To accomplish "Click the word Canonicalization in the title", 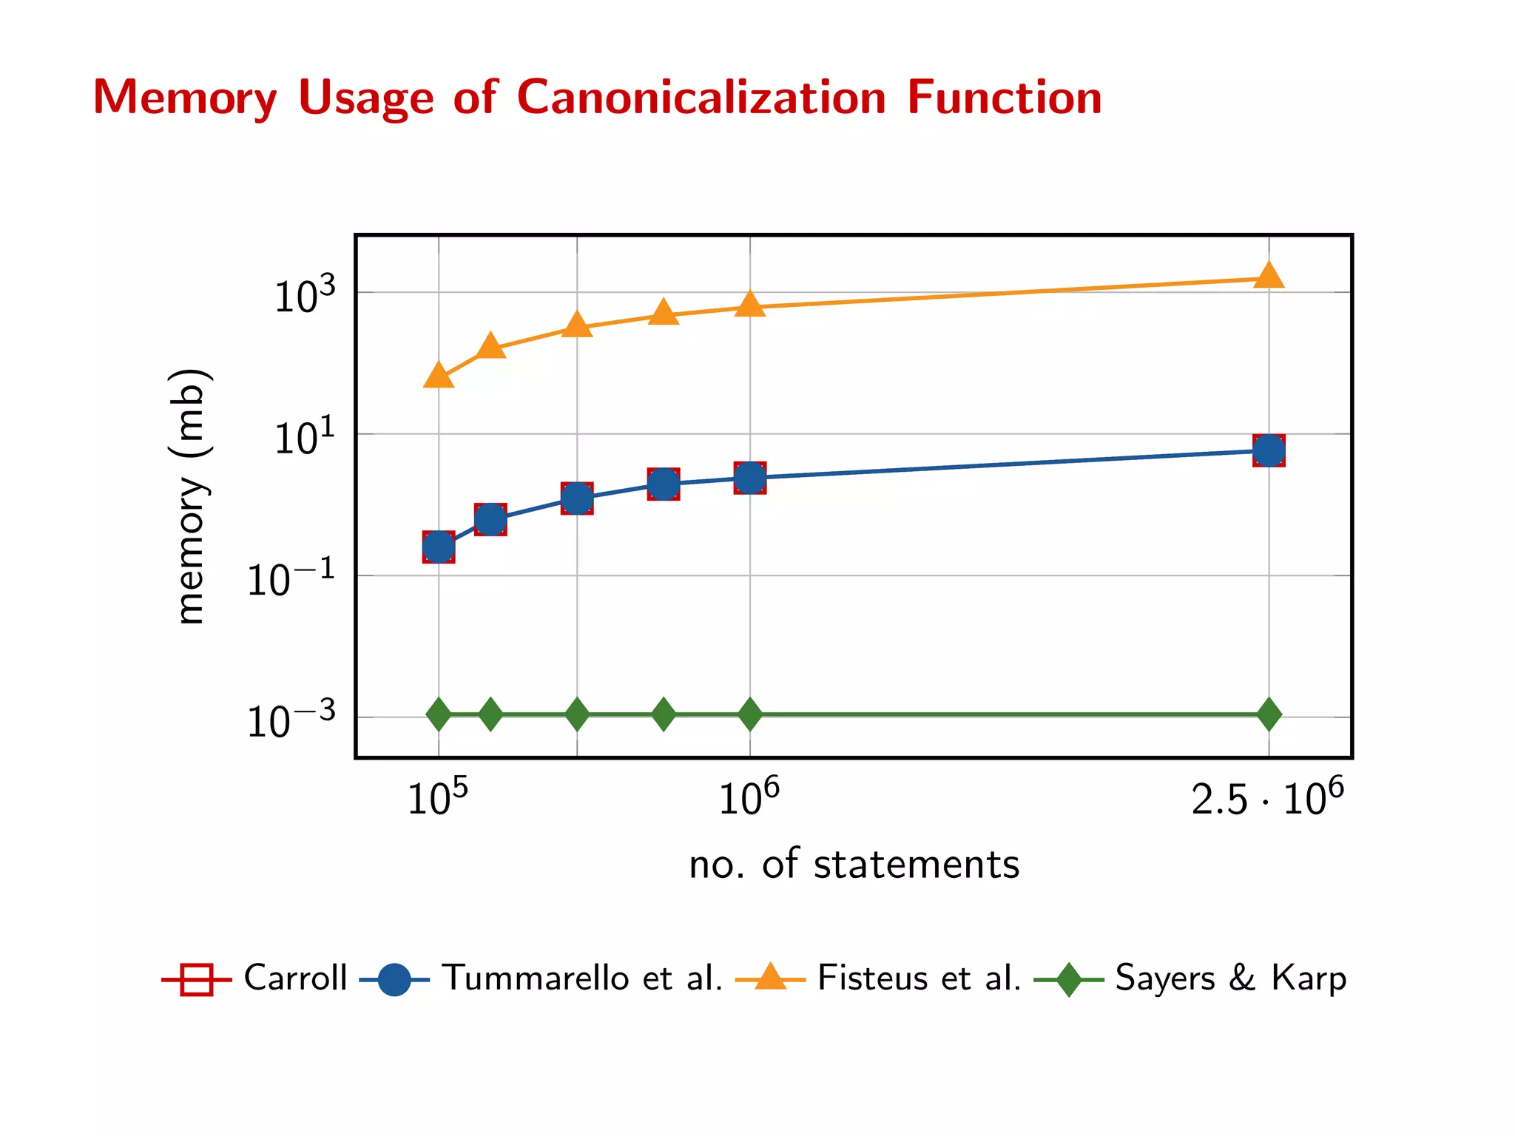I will (x=701, y=98).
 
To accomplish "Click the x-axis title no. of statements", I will (x=854, y=864).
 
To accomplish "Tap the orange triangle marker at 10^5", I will (x=439, y=376).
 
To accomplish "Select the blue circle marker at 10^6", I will (x=750, y=478).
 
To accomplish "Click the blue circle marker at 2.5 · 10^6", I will (x=1269, y=450).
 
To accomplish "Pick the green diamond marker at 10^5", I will (x=439, y=714).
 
